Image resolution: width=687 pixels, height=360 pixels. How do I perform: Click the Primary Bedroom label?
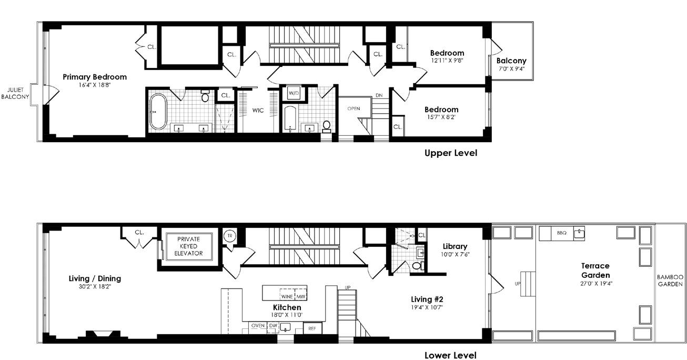coord(95,77)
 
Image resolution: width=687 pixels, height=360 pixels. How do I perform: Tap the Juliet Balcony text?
coord(15,93)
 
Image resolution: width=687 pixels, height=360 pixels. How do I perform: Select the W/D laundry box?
coord(294,93)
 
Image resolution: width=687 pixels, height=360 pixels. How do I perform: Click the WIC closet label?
coord(258,110)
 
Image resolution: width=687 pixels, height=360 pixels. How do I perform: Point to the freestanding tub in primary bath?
coord(158,112)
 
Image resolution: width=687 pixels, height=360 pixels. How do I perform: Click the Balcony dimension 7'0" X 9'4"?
coord(512,69)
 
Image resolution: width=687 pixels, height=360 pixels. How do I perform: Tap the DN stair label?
coord(379,95)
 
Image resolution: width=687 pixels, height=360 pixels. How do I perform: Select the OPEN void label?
coord(353,108)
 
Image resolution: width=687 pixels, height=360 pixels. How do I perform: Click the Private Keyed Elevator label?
coord(189,246)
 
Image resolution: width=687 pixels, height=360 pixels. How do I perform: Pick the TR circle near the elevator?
coord(230,236)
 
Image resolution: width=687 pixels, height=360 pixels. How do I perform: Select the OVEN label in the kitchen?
coord(258,326)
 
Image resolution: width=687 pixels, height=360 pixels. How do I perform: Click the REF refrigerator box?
coord(312,328)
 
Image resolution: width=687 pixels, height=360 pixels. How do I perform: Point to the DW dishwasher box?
coord(273,327)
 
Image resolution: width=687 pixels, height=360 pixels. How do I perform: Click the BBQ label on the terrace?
coord(562,233)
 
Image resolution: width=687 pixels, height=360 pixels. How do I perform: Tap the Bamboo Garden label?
coord(670,281)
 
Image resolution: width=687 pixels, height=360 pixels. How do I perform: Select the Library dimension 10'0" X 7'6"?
coord(455,254)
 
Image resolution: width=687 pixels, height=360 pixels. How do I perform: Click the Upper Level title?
coord(450,153)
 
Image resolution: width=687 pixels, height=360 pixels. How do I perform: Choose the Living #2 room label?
coord(427,299)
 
